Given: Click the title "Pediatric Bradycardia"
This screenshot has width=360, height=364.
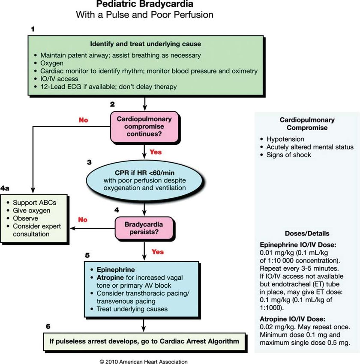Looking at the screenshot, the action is click(x=144, y=4).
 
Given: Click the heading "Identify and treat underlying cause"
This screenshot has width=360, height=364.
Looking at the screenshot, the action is click(x=146, y=44).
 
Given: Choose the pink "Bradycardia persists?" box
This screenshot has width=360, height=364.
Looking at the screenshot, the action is click(x=144, y=228).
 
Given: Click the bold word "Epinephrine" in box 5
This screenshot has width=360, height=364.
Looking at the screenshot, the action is click(x=116, y=270).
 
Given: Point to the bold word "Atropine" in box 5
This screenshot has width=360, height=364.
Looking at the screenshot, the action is click(x=110, y=277).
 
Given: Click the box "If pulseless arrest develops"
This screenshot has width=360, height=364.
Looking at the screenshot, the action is click(x=144, y=341).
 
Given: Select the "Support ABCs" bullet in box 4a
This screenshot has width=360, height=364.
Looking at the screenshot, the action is click(x=34, y=203).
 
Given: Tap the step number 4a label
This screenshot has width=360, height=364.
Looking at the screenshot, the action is click(x=5, y=188).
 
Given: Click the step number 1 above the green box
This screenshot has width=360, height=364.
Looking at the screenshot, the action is click(x=33, y=29).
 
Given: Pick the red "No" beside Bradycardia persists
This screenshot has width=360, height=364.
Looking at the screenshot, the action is click(x=83, y=220).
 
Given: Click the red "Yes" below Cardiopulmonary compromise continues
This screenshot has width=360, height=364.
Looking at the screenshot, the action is click(x=156, y=152).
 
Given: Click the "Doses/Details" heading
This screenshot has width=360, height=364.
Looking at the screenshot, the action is click(x=307, y=233).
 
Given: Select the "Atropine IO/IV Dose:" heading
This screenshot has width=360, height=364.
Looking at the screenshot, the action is click(x=292, y=319).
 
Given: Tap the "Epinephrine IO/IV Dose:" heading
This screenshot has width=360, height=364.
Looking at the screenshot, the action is click(x=298, y=245).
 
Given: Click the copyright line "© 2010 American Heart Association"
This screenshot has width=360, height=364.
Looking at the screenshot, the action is click(x=144, y=361).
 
